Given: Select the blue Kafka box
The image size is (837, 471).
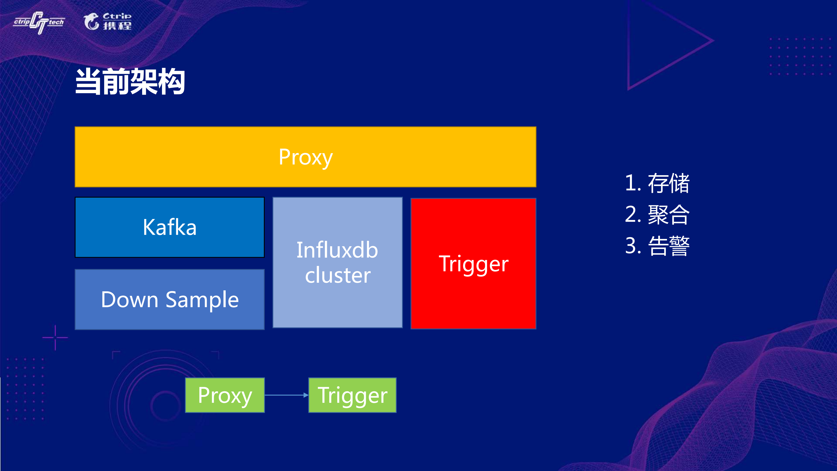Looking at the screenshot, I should click(x=170, y=227).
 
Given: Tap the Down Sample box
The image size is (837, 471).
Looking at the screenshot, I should click(x=170, y=299).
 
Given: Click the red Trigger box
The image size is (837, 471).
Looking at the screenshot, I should click(x=473, y=264).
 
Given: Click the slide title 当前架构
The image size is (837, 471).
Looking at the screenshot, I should click(x=130, y=82).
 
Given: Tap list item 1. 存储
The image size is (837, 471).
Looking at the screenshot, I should click(x=657, y=183).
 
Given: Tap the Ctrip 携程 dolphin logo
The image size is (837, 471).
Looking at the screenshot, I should click(x=107, y=21).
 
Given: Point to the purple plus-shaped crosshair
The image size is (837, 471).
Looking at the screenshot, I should click(x=55, y=337).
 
